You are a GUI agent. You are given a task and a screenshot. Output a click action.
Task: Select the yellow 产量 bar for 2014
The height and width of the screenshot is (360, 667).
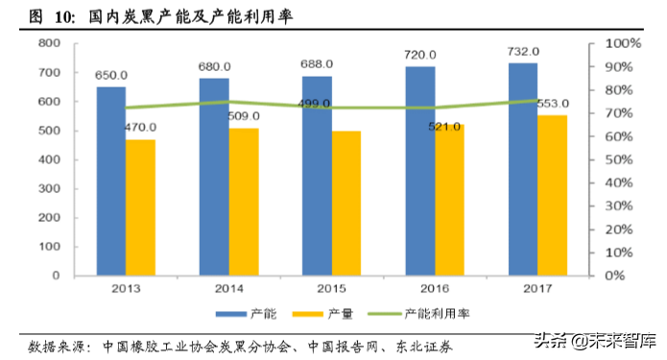click(x=244, y=201)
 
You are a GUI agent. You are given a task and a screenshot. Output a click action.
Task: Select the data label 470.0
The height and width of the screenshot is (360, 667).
click(x=141, y=127)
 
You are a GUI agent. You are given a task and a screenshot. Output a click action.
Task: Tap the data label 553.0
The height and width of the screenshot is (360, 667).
click(x=553, y=103)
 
